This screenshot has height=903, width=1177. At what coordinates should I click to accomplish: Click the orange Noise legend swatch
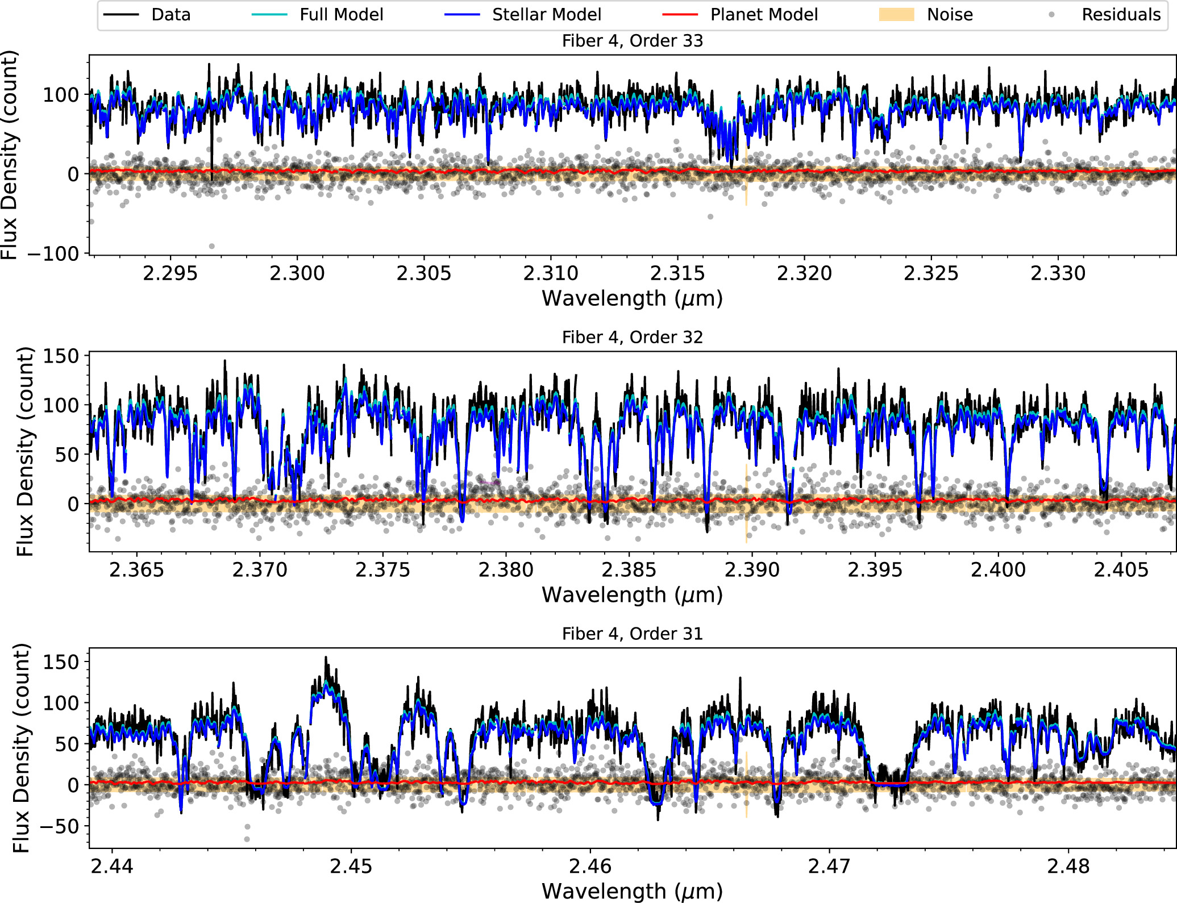coord(896,15)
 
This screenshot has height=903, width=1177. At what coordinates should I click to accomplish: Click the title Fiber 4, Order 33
coord(632,41)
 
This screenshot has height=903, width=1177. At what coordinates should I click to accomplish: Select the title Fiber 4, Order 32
coord(632,338)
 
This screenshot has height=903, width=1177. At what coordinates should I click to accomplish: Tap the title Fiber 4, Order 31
coord(632,634)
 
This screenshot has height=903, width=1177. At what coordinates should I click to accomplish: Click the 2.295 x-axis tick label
coord(170,274)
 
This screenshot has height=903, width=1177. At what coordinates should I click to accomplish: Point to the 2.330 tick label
coord(1058,274)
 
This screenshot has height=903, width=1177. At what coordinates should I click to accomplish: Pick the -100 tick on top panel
coord(53,254)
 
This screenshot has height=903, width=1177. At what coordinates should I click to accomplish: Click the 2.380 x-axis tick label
coord(506,570)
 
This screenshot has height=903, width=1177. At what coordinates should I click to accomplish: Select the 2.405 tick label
coord(1121,570)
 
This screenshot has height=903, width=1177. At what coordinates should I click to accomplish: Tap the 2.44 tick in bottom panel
coord(112,867)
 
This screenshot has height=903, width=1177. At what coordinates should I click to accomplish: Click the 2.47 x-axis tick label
coord(830,867)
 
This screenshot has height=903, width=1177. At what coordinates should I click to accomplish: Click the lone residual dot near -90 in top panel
coord(212,246)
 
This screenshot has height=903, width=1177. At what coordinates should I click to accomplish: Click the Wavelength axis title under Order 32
coord(632,595)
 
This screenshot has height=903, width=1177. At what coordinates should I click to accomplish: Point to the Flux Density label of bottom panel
coord(21,748)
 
